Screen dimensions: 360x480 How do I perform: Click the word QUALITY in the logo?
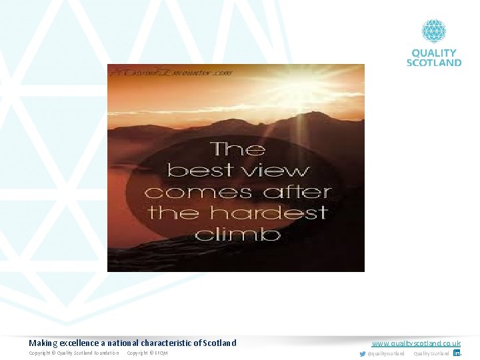434,53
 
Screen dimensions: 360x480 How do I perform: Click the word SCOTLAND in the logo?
434,62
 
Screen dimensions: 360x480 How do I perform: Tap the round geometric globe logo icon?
434,31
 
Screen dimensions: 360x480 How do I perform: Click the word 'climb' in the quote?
237,234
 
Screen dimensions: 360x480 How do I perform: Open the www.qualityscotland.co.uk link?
416,343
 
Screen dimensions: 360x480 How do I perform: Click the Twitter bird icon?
363,353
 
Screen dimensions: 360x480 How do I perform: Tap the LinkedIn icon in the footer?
457,353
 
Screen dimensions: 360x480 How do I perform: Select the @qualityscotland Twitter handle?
386,353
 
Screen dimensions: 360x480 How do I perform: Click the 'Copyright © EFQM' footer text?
147,353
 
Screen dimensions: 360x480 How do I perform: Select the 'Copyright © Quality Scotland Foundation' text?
74,353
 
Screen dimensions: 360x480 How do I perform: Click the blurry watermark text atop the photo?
171,71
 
